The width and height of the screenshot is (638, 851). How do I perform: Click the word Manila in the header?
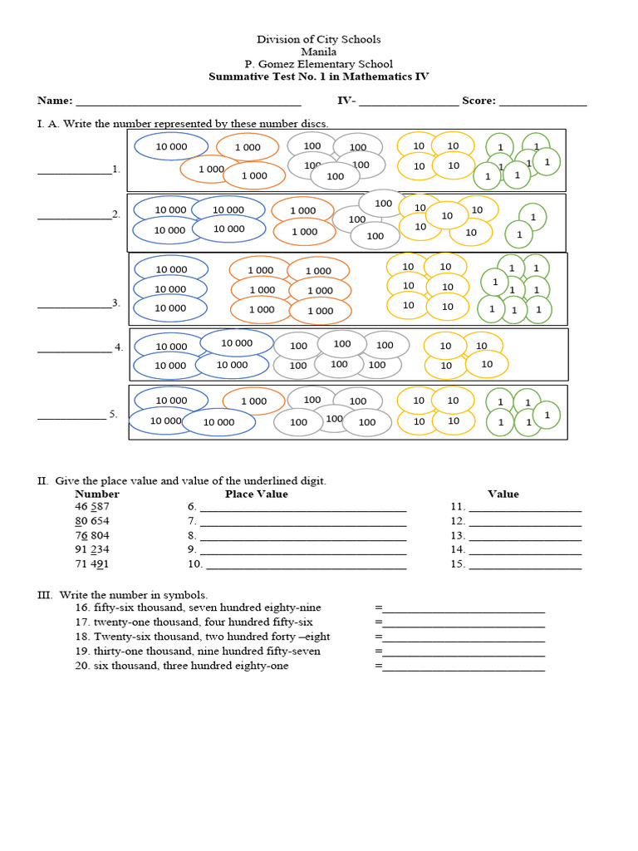tap(319, 52)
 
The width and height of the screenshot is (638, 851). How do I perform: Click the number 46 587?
tap(92, 507)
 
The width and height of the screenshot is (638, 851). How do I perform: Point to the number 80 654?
tap(92, 521)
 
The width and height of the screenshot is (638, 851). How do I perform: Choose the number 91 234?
tap(92, 549)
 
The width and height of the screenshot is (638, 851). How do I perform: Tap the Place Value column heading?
tap(256, 494)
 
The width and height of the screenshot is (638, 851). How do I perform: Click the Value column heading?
tap(503, 494)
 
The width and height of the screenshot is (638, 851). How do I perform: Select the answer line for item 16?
tap(464, 611)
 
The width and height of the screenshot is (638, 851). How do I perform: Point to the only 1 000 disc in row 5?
tap(253, 401)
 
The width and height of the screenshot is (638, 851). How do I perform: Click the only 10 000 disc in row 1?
tap(171, 146)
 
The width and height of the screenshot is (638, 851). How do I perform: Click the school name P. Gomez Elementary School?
tap(319, 64)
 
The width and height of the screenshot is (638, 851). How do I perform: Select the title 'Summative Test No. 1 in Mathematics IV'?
tap(319, 76)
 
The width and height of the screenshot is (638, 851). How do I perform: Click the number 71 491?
tap(92, 563)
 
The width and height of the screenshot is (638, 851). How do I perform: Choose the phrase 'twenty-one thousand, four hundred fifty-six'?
tap(203, 622)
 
